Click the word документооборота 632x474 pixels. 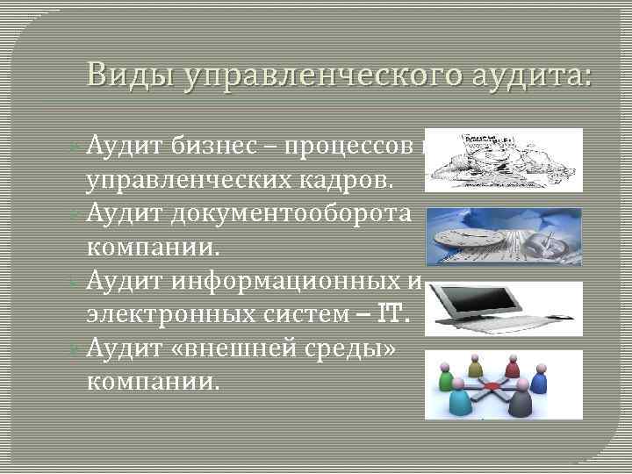(x=289, y=214)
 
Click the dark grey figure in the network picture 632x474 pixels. (x=521, y=403)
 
